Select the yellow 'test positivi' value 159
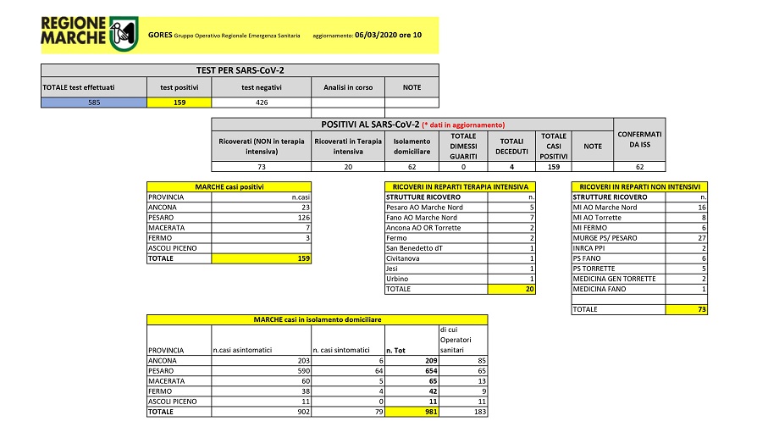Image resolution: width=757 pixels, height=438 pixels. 178,103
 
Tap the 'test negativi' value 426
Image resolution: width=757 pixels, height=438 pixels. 262,103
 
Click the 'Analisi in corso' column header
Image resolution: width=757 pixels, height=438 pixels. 348,87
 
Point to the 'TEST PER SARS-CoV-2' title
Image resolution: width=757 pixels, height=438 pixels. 240,70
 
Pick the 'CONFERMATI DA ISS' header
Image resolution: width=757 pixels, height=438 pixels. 639,141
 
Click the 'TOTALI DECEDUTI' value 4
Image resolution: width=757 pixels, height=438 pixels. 511,167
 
